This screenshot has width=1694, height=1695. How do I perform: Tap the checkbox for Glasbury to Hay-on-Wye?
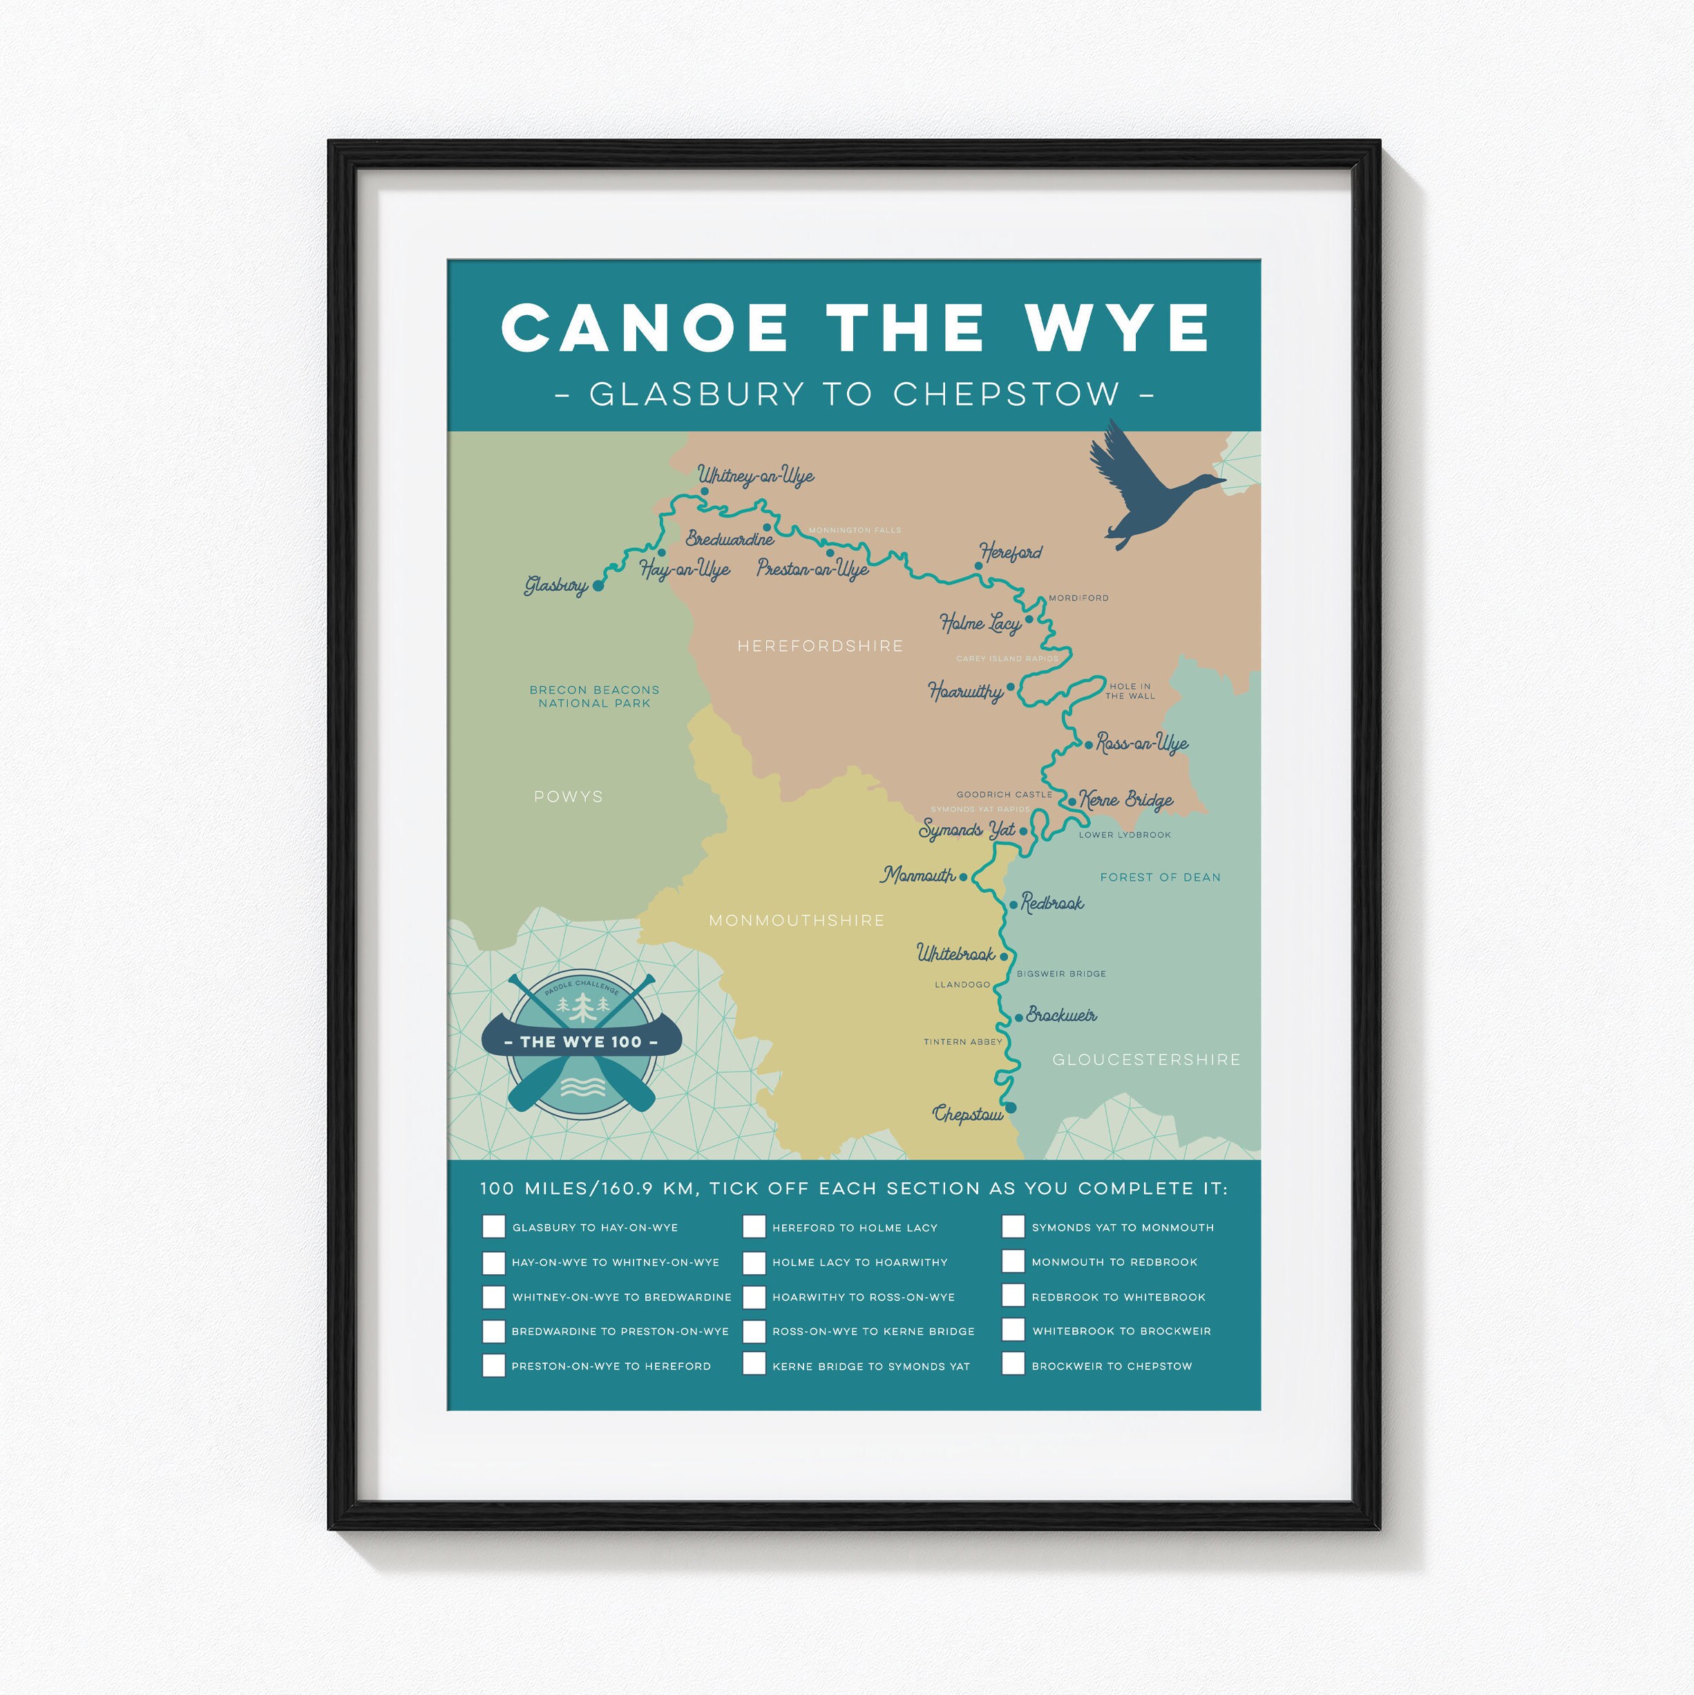pyautogui.click(x=494, y=1227)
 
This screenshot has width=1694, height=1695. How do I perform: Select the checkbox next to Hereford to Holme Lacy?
pyautogui.click(x=754, y=1227)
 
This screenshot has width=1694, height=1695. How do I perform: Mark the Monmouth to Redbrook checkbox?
pyautogui.click(x=1013, y=1261)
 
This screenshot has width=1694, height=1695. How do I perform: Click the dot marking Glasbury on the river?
pyautogui.click(x=598, y=585)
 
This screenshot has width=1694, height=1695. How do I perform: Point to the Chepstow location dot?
pyautogui.click(x=1011, y=1108)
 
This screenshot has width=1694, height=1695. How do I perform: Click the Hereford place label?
pyautogui.click(x=1011, y=553)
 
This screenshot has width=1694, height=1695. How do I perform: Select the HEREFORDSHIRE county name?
pyautogui.click(x=819, y=645)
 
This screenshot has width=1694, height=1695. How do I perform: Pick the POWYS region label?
pyautogui.click(x=569, y=797)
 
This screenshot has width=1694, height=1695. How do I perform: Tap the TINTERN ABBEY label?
pyautogui.click(x=962, y=1041)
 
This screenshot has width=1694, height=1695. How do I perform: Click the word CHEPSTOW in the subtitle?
pyautogui.click(x=1006, y=394)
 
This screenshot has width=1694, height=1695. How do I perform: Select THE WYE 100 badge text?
pyautogui.click(x=581, y=1042)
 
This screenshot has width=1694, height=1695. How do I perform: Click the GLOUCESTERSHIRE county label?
pyautogui.click(x=1145, y=1060)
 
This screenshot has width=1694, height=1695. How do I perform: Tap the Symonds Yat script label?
pyautogui.click(x=967, y=830)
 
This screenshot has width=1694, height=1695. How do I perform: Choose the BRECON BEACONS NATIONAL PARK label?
pyautogui.click(x=594, y=697)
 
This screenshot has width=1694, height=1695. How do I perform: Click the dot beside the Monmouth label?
pyautogui.click(x=963, y=876)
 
